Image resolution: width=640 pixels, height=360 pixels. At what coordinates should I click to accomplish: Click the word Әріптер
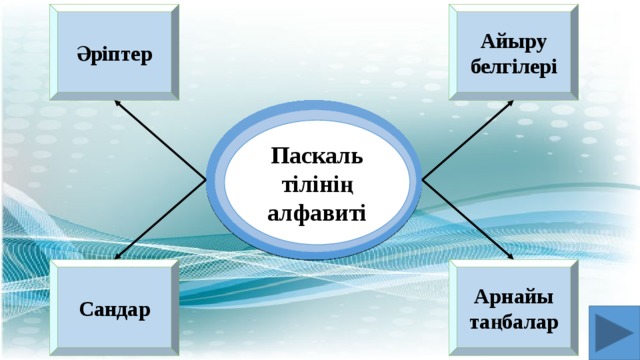click(x=115, y=53)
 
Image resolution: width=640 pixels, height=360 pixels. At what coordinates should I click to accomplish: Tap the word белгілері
click(x=513, y=66)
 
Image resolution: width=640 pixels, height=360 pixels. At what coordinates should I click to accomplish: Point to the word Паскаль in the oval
click(x=317, y=158)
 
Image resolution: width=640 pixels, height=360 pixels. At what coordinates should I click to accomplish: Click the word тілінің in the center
click(x=317, y=186)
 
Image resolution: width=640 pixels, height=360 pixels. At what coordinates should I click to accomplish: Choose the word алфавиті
click(x=317, y=213)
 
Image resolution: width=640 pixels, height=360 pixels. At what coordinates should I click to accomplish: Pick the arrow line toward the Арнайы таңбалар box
click(x=465, y=218)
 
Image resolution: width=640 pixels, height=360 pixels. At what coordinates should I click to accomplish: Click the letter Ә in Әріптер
click(x=81, y=53)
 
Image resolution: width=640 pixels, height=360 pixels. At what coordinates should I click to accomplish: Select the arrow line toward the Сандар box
click(x=163, y=219)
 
